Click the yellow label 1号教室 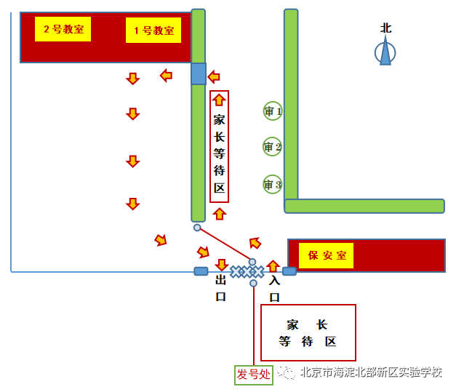click(x=153, y=31)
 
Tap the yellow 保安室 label click(x=326, y=255)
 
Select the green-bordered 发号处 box click(x=252, y=375)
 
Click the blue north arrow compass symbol click(x=385, y=52)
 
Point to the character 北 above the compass click(x=386, y=28)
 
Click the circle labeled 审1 click(x=273, y=111)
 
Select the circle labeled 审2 click(x=272, y=147)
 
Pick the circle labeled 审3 click(x=272, y=185)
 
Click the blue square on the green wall click(x=199, y=73)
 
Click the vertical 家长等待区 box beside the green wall click(x=220, y=147)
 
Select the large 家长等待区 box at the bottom click(x=308, y=332)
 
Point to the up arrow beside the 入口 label click(x=273, y=266)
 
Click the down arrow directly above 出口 click(x=222, y=265)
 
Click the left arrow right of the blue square click(x=214, y=76)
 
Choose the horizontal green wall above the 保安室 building click(x=364, y=206)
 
